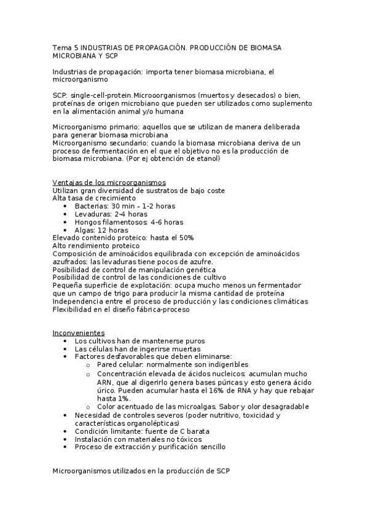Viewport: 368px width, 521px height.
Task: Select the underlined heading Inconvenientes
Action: (x=79, y=332)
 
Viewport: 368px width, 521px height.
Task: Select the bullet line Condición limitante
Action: (x=143, y=431)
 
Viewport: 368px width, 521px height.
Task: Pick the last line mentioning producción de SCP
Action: (x=141, y=471)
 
